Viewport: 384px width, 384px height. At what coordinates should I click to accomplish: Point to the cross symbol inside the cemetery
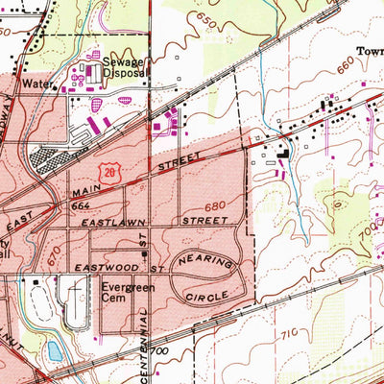pyautogui.click(x=36, y=281)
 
